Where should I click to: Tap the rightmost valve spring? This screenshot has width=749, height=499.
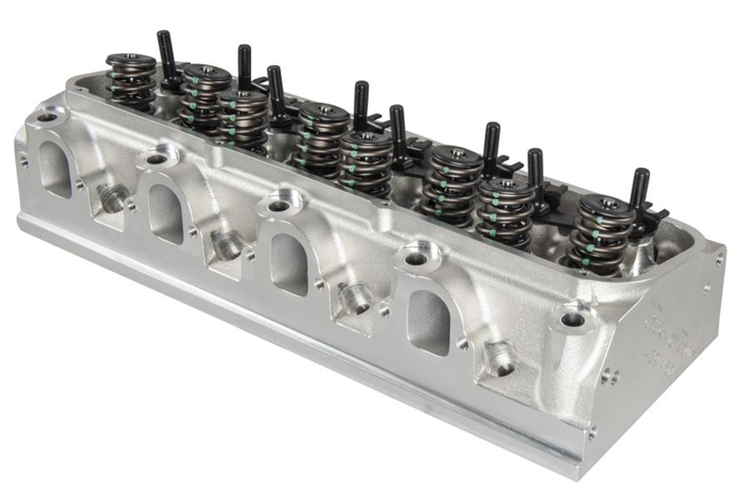(x=600, y=234)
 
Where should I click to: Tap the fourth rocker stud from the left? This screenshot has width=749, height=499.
(x=361, y=107)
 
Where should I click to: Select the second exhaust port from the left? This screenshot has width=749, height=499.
(x=166, y=212)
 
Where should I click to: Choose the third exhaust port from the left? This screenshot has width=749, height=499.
(x=290, y=263)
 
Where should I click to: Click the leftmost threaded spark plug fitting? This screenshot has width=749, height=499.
(x=113, y=197)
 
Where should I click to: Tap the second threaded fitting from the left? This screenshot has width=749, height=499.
(x=227, y=245)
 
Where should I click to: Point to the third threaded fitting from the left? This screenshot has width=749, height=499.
(x=356, y=298)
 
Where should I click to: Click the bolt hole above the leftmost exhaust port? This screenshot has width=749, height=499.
(x=48, y=117)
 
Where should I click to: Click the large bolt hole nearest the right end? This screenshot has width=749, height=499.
(x=573, y=319)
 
